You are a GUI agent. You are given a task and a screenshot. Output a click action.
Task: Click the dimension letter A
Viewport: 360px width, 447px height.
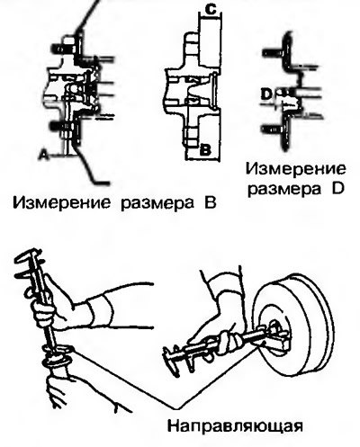point(45,155)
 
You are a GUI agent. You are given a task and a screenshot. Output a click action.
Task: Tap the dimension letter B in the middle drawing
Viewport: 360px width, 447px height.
point(205,149)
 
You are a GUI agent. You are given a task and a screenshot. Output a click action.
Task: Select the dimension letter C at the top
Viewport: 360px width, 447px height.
point(211,10)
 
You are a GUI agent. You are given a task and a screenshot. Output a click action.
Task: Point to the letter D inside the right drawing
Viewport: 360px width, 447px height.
point(266,94)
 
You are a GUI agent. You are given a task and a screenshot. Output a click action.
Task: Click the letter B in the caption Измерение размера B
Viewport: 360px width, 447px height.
point(210,203)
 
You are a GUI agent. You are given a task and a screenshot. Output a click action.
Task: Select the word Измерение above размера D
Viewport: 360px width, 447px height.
point(296,169)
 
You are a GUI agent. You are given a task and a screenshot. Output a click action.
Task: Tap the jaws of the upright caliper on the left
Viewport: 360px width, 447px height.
point(29,264)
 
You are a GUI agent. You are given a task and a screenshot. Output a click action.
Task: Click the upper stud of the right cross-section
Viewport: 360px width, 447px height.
point(273,53)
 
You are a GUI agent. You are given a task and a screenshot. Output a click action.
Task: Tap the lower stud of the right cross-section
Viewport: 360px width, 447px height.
point(273,130)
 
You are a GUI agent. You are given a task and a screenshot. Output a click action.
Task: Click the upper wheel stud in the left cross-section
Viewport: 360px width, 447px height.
point(61,49)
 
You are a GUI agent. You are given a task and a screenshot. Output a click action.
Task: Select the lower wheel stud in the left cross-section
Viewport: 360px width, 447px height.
point(60,125)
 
